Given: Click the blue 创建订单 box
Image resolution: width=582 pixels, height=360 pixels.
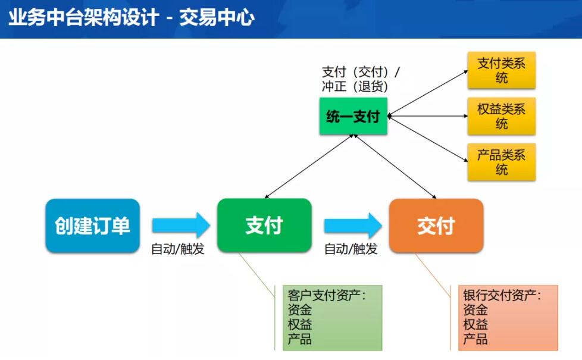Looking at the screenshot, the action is pos(92,226).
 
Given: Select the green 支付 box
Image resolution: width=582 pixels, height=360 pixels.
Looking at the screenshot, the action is pos(264,226).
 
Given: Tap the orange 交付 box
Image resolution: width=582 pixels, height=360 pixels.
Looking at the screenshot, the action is pos(436,226).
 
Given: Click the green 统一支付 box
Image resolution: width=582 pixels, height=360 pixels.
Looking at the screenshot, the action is pos(353,116).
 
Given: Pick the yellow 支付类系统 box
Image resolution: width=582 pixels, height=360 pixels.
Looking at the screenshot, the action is pos(502,70).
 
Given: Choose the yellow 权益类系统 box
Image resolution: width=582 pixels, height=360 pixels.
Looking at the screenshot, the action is pos(502,116).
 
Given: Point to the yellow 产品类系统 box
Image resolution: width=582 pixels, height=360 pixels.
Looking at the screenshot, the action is pos(502,162).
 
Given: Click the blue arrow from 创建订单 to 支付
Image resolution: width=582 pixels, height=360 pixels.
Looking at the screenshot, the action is pos(181,226).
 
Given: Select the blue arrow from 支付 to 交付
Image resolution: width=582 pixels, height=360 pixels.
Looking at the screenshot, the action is pos(353,226).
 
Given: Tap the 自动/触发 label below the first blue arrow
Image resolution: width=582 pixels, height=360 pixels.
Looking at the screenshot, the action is pos(178,249).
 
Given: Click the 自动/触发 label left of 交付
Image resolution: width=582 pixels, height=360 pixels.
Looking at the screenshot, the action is pos(351,249).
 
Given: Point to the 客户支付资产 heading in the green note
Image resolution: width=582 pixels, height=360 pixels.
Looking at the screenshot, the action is pos(327,295).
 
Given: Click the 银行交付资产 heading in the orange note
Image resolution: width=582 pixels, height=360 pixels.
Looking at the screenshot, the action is pos(502,295).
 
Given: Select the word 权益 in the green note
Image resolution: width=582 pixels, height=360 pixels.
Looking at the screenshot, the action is pos(299,324).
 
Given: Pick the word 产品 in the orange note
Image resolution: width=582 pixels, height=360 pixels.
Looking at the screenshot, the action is pos(475,339).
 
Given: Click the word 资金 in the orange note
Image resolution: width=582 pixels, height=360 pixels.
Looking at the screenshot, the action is pos(475,309).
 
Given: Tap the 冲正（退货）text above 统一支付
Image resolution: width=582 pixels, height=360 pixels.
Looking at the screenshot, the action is pos(355,86).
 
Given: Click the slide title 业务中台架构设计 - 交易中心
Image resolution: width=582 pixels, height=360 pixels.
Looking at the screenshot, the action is pos(132,17).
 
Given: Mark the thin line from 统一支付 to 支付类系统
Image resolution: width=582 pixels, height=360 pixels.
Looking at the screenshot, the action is pos(428,93).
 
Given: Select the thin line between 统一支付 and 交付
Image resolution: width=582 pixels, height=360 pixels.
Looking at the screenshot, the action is pos(395,167).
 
